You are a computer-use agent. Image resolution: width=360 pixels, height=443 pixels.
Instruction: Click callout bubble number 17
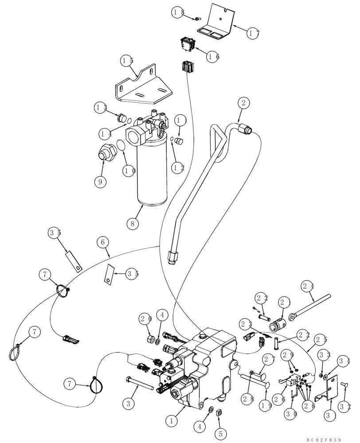point(253,34)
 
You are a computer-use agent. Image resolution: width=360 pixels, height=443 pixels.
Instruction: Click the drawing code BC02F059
point(323,439)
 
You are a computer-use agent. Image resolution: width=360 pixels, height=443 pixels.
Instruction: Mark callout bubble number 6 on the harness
point(103,242)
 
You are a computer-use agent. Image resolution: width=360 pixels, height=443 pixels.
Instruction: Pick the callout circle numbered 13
point(101,107)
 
